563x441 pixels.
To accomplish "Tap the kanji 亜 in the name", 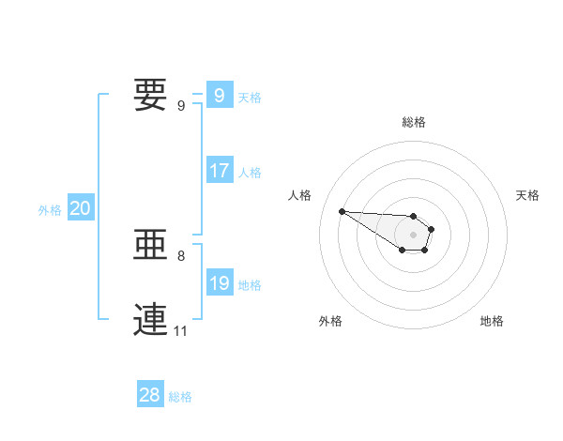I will coord(150,246).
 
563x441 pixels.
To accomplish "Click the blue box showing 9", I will coord(219,95).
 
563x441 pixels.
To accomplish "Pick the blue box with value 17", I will coord(219,171).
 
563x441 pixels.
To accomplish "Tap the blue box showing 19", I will coord(219,283).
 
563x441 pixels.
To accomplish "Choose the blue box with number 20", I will coord(80,208).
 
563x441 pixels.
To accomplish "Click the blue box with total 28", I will coord(150,395).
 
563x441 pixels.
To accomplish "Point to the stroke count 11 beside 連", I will coord(181,330).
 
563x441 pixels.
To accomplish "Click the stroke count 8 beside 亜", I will coord(181,255).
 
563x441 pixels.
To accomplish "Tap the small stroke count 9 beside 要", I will coord(181,105).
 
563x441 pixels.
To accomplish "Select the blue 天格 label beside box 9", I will coord(250,97).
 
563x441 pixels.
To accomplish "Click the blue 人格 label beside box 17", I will coord(250,173).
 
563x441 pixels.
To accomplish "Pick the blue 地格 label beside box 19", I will coord(250,285).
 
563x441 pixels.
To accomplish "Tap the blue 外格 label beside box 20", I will coord(50,210).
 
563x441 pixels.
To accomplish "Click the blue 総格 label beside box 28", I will coord(180,397).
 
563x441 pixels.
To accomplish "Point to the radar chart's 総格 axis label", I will coord(414,122).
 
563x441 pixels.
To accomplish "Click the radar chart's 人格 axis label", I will coord(299,195).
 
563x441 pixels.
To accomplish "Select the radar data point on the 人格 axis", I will coord(342,210).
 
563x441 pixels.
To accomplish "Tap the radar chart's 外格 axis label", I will coord(329,321).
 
